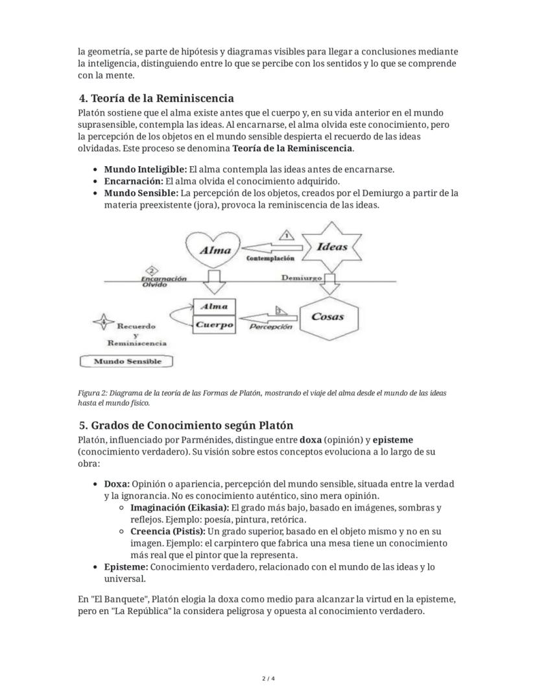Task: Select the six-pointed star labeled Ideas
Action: pos(331,247)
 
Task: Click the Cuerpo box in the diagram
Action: pos(214,325)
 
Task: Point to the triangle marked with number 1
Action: pos(286,235)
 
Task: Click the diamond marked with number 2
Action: pos(152,270)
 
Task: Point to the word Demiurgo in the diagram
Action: pos(301,278)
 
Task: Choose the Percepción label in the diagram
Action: pos(270,327)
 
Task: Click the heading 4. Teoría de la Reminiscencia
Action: pos(156,99)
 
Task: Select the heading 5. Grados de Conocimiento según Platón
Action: pos(185,426)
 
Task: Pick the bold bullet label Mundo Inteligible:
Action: pos(145,169)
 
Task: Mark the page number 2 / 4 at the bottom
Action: pos(268,679)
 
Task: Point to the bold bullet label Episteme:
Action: pos(126,567)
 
